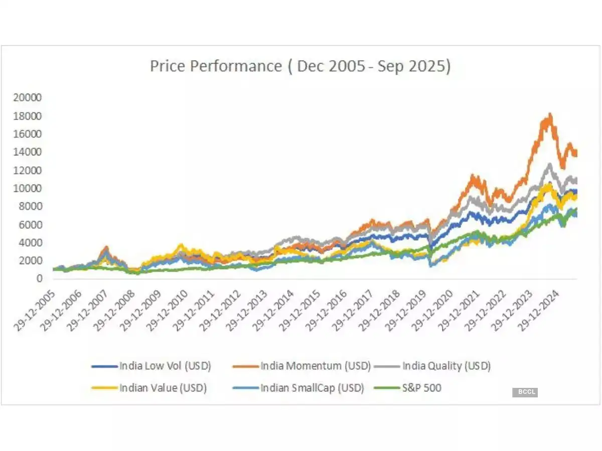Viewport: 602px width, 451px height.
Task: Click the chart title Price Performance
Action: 300,67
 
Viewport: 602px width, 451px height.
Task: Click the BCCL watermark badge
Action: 525,392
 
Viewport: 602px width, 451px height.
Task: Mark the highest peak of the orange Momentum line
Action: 550,115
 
